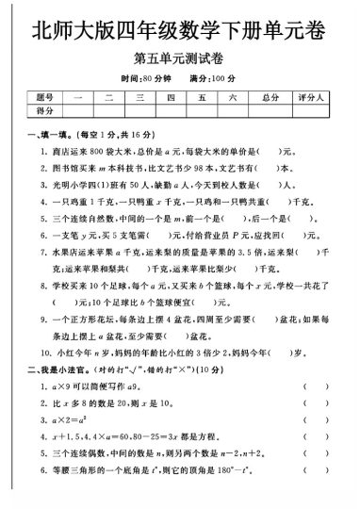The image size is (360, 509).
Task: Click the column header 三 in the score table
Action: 139,98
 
